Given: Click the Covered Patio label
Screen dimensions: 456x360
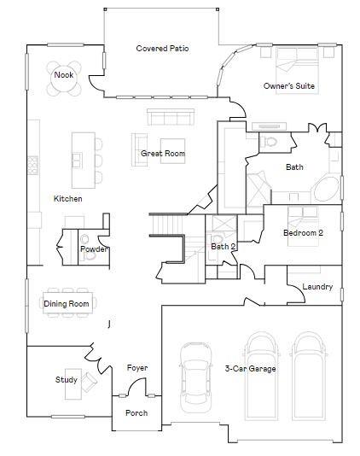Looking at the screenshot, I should pyautogui.click(x=162, y=49).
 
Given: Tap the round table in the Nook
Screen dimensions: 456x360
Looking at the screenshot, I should pyautogui.click(x=64, y=75).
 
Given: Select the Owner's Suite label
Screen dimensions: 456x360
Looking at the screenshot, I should pyautogui.click(x=291, y=86).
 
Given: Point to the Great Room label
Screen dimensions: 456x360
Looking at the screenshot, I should pyautogui.click(x=163, y=154).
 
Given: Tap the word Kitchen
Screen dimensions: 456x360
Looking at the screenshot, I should pyautogui.click(x=68, y=199).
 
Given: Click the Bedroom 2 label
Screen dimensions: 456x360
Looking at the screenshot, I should pyautogui.click(x=304, y=233).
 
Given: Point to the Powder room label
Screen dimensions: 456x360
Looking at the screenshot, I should pyautogui.click(x=94, y=249).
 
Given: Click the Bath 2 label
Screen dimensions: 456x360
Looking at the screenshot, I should pyautogui.click(x=224, y=247).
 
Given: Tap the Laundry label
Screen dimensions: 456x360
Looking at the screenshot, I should pyautogui.click(x=317, y=287).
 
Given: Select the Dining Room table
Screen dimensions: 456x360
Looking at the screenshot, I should pyautogui.click(x=67, y=303).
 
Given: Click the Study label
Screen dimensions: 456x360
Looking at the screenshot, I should pyautogui.click(x=67, y=380).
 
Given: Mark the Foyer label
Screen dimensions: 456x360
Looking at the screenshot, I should pyautogui.click(x=137, y=368).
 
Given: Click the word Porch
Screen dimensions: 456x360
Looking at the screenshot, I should pyautogui.click(x=136, y=413).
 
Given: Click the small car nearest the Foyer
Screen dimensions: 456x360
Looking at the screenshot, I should pyautogui.click(x=196, y=383).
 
